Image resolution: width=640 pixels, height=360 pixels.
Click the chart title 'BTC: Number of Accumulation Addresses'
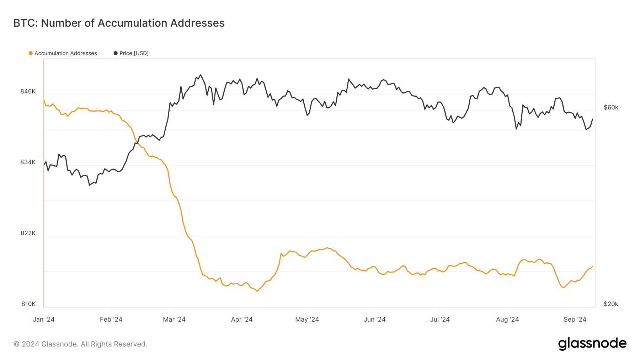coord(119,23)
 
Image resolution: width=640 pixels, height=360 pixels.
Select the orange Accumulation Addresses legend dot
coord(31,53)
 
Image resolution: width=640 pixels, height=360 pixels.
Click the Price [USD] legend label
coord(134,53)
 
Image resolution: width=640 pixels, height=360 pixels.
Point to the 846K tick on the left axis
coord(28,91)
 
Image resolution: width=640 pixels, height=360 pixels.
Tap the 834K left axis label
coord(28,162)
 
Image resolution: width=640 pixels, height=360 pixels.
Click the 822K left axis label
coord(28,233)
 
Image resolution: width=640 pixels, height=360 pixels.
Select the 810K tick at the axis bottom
coord(28,304)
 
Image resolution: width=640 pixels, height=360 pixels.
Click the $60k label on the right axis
coord(611,107)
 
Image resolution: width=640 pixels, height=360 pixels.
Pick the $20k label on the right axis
coord(611,304)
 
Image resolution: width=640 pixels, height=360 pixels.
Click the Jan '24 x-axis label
coord(43,319)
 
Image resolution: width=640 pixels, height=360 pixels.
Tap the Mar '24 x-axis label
coord(174,319)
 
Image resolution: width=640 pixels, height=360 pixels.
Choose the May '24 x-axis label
coord(307,319)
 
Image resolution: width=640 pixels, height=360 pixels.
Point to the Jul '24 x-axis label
coord(440,319)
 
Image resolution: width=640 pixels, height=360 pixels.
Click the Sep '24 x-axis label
coord(575,319)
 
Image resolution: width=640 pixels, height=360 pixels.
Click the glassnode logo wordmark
coord(592,344)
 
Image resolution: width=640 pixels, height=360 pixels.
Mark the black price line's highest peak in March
coord(201,75)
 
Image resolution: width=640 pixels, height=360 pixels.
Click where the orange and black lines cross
coord(138,144)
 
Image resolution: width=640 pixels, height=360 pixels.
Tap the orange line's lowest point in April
coord(257,291)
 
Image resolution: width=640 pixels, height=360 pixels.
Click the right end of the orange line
coord(592,267)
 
